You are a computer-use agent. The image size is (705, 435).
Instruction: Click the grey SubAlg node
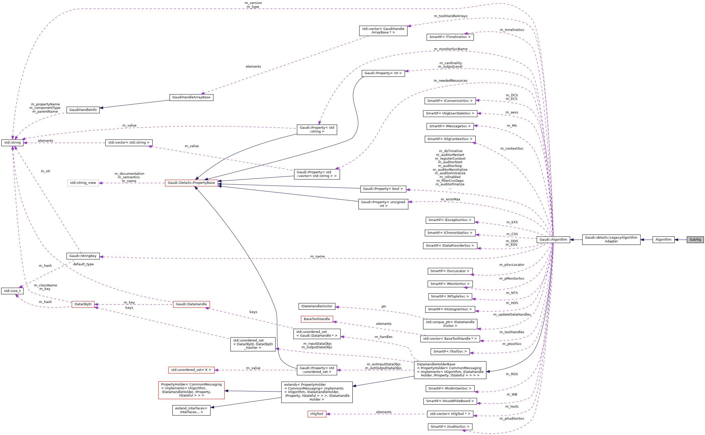(x=695, y=239)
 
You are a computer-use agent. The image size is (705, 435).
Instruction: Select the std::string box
(x=12, y=142)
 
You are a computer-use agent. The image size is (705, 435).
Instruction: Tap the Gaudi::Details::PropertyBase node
(x=191, y=183)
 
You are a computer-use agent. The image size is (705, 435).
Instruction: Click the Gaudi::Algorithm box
(x=553, y=239)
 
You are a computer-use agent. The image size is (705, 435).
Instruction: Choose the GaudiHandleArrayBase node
(x=191, y=97)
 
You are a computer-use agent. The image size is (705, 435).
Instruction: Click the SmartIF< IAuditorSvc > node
(x=450, y=427)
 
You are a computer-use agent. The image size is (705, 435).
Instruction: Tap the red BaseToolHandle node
(x=317, y=319)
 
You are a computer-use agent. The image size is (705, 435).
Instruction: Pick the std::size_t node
(x=12, y=291)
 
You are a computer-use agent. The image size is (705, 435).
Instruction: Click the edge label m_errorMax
(x=450, y=199)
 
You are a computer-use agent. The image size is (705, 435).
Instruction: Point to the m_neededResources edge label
(x=450, y=80)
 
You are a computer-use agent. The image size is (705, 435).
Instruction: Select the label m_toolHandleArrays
(x=450, y=16)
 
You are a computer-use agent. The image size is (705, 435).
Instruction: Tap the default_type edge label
(x=83, y=264)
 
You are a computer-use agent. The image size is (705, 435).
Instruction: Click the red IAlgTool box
(x=317, y=414)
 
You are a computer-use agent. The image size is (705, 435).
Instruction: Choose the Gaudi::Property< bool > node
(x=383, y=189)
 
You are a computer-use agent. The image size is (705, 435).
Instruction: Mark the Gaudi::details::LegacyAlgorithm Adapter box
(x=611, y=239)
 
